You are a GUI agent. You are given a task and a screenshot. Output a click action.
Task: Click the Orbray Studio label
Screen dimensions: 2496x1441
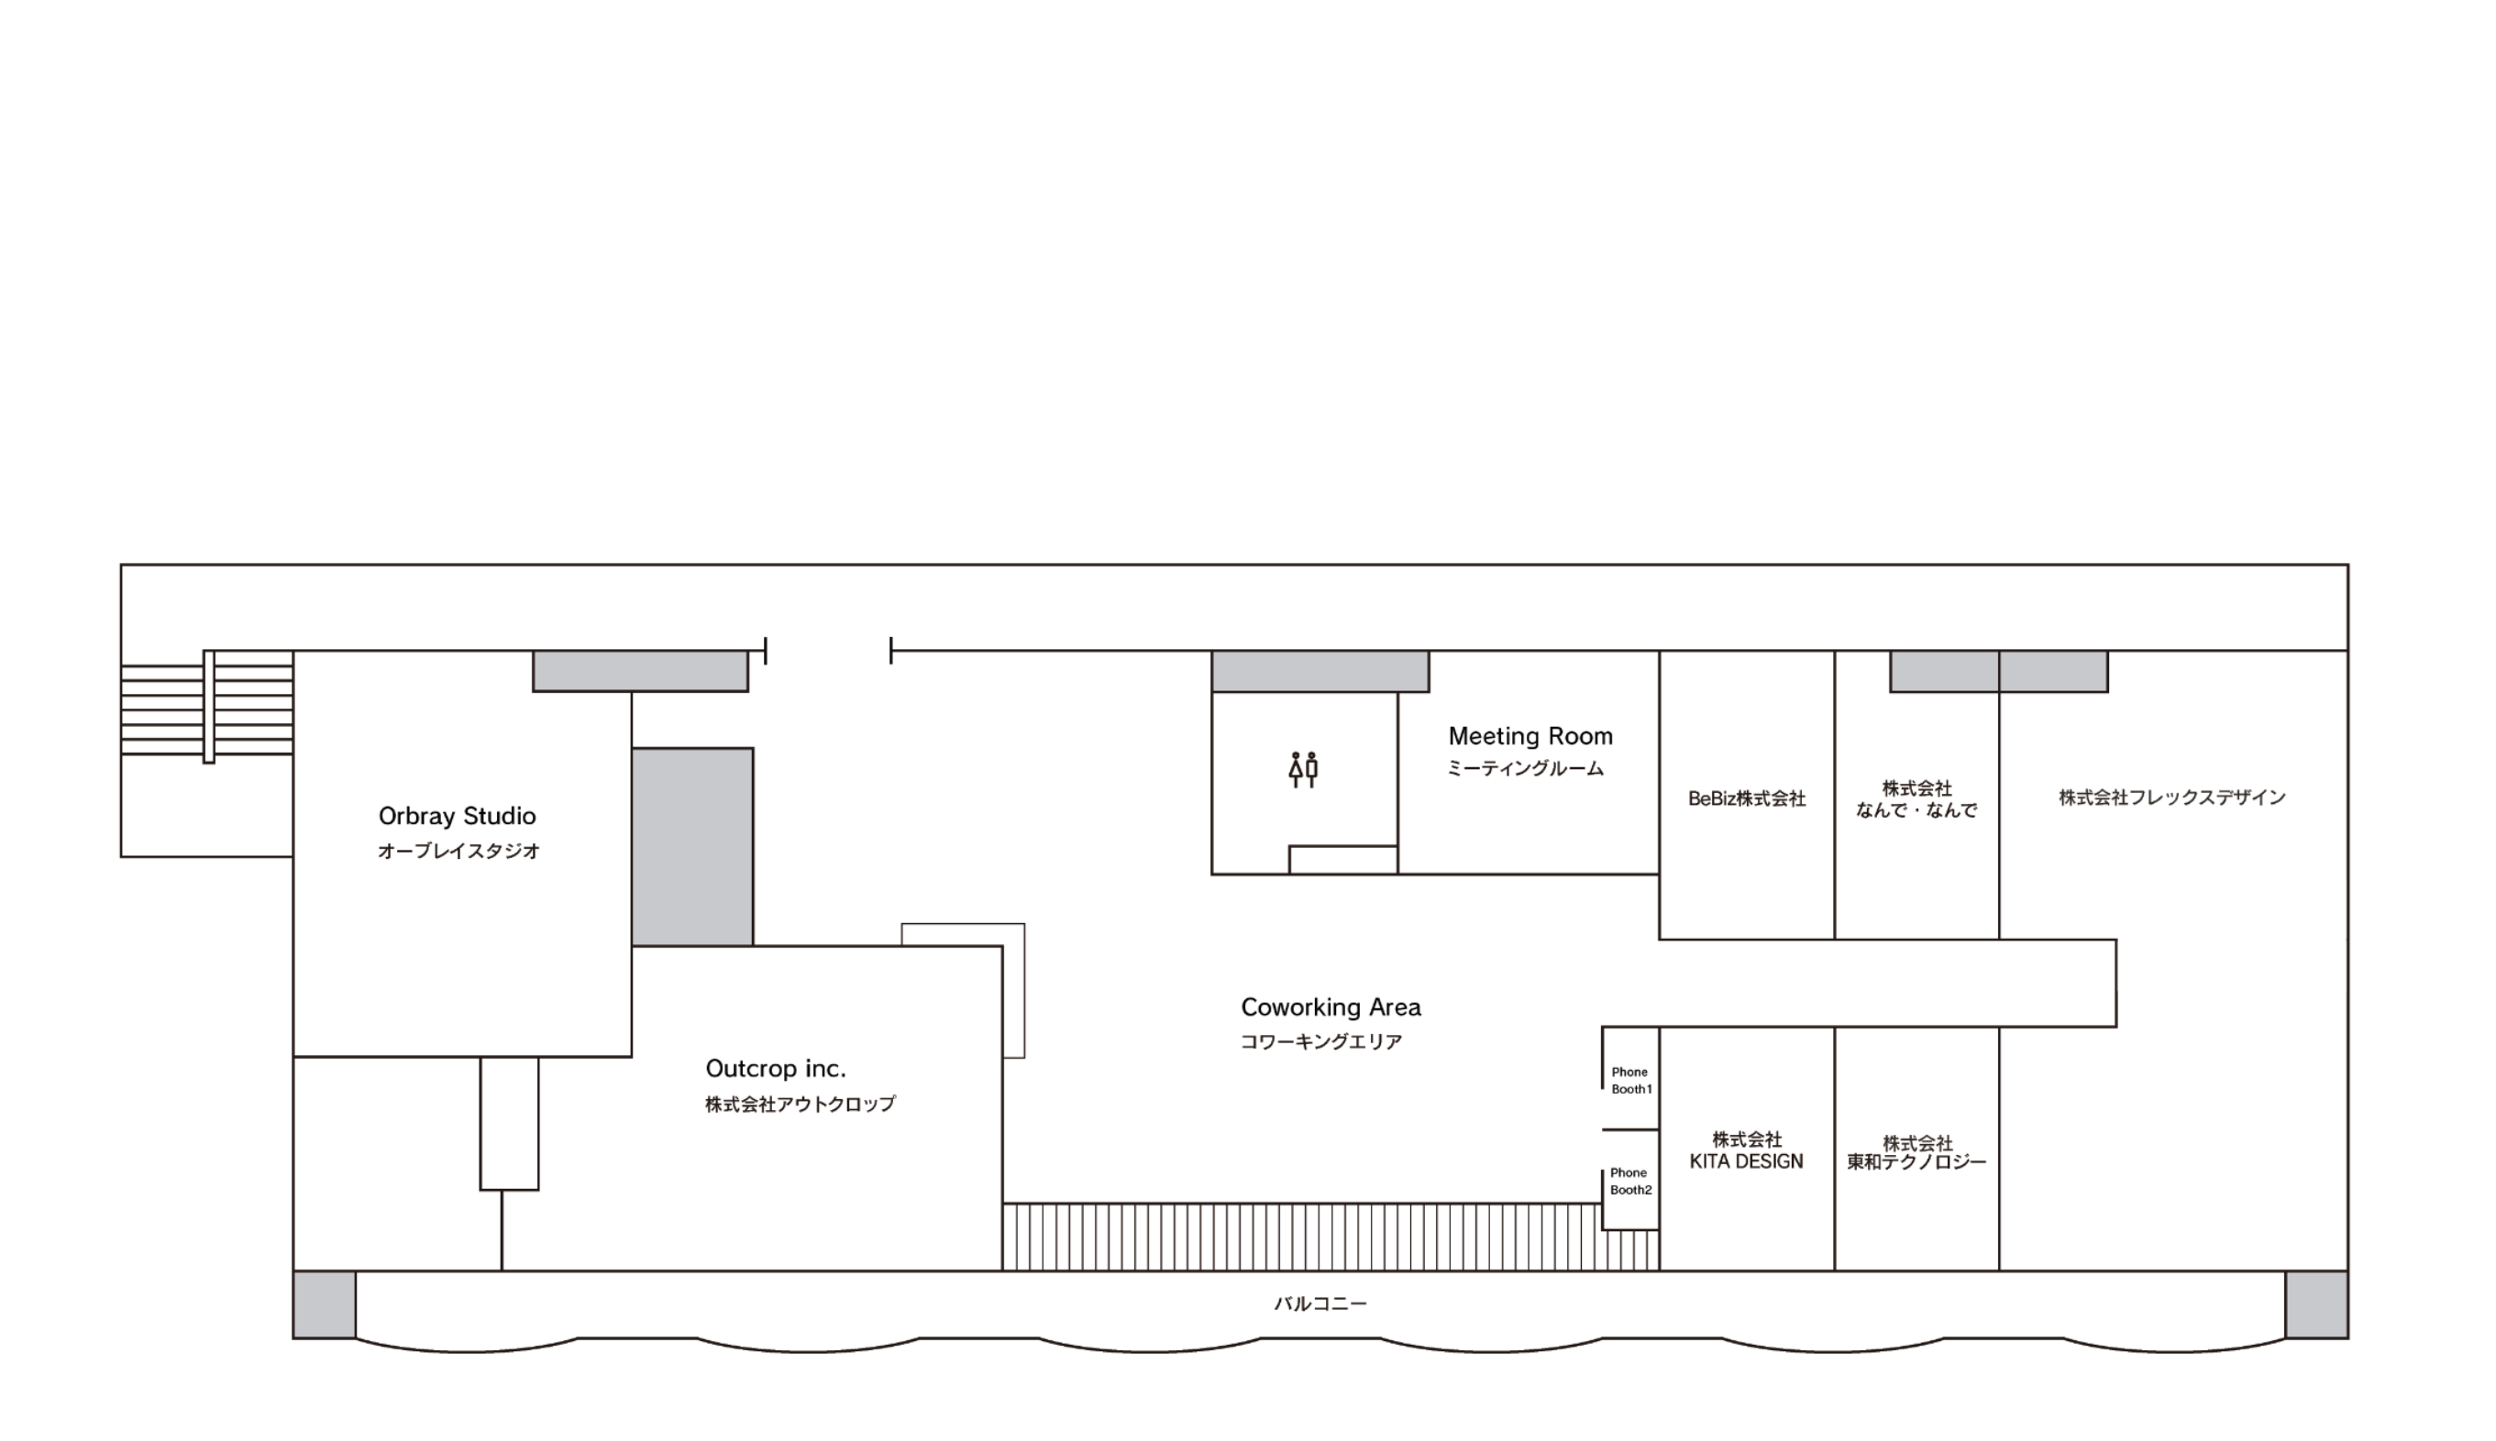tap(458, 817)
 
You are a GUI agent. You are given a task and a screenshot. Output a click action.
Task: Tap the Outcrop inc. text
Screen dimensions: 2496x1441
tap(776, 1069)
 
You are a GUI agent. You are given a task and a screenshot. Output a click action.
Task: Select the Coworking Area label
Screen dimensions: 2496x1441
tap(1331, 1007)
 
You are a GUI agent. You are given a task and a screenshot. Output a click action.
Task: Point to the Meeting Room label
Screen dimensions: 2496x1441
tap(1530, 736)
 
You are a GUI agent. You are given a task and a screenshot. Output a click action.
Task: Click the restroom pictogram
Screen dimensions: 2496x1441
tap(1303, 770)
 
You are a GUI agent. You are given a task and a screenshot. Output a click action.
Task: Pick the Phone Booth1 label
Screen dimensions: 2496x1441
tap(1631, 1081)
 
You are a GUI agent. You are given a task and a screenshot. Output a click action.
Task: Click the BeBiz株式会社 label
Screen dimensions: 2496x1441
tap(1747, 798)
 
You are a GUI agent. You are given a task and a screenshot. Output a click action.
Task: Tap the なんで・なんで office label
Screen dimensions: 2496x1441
tap(1917, 799)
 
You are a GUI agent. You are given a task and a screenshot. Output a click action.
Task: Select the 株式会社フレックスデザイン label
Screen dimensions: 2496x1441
tap(2172, 797)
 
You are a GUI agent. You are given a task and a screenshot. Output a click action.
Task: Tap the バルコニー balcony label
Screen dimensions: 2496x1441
tap(1320, 1304)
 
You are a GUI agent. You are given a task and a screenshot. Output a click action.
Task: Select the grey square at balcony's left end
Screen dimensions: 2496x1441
tap(325, 1304)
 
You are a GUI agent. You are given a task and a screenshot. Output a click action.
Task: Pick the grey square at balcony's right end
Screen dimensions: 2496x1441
tap(2317, 1304)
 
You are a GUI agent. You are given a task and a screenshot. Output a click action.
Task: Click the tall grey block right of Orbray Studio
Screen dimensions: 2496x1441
tap(693, 847)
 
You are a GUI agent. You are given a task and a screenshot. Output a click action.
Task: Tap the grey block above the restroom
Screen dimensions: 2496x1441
tap(1320, 671)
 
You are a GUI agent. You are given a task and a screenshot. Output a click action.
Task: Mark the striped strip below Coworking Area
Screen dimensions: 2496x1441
tap(1331, 1237)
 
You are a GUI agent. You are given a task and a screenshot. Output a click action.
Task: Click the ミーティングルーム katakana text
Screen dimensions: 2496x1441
tap(1525, 769)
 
